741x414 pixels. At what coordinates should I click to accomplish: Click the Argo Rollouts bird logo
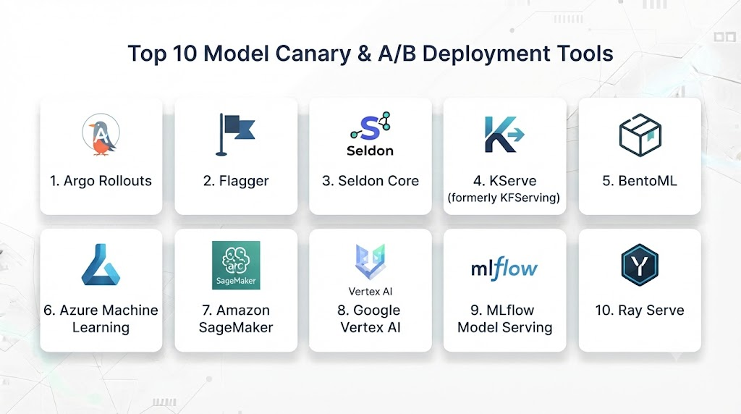click(x=101, y=135)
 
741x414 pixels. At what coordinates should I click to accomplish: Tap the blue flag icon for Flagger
click(x=235, y=135)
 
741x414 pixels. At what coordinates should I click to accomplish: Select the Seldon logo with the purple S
click(x=370, y=134)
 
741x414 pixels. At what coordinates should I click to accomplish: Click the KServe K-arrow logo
click(x=504, y=135)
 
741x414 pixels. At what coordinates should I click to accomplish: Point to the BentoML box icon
click(x=640, y=135)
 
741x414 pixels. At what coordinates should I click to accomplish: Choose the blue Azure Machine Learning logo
click(x=101, y=265)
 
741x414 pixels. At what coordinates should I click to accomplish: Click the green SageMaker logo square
click(x=236, y=265)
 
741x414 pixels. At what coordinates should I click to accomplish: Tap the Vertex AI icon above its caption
click(x=370, y=261)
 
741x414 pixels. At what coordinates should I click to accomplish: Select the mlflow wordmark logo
click(x=504, y=269)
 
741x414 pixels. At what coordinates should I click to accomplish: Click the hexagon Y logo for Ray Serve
click(x=640, y=265)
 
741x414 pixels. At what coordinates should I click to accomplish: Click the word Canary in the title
click(x=313, y=54)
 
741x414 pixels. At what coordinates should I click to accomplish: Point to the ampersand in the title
click(x=365, y=54)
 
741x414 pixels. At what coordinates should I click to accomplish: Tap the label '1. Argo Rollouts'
click(x=101, y=181)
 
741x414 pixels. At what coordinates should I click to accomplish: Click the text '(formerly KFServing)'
click(x=504, y=198)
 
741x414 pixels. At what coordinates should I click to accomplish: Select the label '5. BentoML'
click(x=640, y=181)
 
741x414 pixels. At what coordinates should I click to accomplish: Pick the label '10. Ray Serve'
click(x=640, y=310)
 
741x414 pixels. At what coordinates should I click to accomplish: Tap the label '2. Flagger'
click(x=236, y=181)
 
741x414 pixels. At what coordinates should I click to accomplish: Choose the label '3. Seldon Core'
click(x=370, y=181)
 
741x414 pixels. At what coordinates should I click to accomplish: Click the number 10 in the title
click(x=185, y=54)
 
